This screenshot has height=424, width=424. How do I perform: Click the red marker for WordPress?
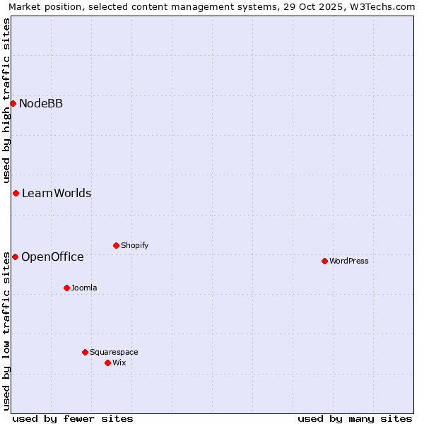coord(324,261)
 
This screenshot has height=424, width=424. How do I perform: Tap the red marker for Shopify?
coord(116,245)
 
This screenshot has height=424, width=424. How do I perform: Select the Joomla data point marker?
coord(66,288)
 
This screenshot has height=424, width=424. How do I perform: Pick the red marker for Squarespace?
coord(85,352)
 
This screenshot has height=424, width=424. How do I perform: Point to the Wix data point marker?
coord(107,363)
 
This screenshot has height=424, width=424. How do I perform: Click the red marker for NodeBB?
coord(13,103)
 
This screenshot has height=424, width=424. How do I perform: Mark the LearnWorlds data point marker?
coord(16,193)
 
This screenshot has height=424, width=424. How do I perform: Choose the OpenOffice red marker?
coord(15,257)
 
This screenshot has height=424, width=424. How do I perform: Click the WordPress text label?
coord(349,261)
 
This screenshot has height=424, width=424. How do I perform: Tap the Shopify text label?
coord(135,245)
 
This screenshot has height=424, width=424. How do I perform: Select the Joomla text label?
coord(84,288)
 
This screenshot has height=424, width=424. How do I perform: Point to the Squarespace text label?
coord(114,352)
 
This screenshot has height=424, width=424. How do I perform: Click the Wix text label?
coord(119,363)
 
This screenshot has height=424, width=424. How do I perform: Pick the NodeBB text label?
coord(41,104)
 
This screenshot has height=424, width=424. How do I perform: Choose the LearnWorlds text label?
coord(57,194)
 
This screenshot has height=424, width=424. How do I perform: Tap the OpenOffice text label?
coord(52,257)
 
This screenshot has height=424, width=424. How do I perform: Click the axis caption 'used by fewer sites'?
coord(73,418)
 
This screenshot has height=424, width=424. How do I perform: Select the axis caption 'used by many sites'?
coord(355,418)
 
